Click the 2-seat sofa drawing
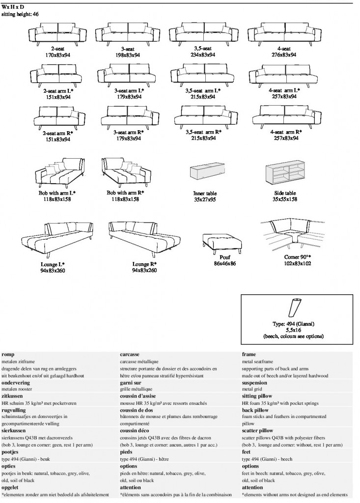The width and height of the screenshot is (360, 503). [58, 34]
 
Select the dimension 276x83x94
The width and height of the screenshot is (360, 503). [284, 55]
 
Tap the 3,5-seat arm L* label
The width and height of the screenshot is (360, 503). [203, 91]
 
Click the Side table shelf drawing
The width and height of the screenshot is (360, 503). [285, 172]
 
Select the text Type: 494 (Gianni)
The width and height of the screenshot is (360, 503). [293, 324]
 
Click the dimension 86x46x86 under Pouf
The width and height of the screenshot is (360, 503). [224, 264]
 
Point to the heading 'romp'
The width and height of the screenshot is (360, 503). [8, 355]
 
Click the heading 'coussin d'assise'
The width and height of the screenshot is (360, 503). [138, 396]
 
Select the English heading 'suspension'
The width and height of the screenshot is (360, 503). [254, 383]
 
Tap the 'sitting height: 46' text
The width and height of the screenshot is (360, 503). [20, 14]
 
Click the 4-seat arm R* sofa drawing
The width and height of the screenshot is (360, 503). [286, 116]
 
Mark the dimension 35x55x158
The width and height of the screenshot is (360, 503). [285, 199]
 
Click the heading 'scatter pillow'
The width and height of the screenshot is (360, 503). [257, 431]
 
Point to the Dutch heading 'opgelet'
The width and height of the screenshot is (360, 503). [10, 488]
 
